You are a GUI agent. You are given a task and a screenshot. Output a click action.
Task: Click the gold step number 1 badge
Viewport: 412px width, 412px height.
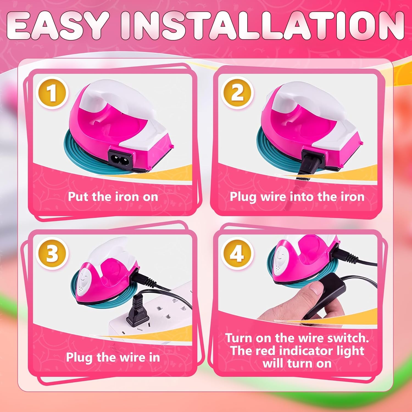pyautogui.click(x=52, y=93)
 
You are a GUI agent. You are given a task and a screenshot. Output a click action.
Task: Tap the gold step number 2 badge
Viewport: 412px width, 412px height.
pyautogui.click(x=237, y=93)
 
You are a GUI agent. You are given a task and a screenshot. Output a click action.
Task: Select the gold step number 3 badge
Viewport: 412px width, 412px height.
pyautogui.click(x=52, y=253)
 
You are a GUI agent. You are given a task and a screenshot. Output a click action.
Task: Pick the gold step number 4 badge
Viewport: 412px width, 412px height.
pyautogui.click(x=237, y=253)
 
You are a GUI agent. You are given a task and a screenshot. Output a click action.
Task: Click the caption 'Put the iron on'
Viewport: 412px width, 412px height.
pyautogui.click(x=113, y=197)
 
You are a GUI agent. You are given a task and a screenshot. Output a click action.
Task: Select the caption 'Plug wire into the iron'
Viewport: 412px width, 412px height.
pyautogui.click(x=297, y=197)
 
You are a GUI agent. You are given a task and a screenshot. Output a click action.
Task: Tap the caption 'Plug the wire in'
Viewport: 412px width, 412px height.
pyautogui.click(x=113, y=357)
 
